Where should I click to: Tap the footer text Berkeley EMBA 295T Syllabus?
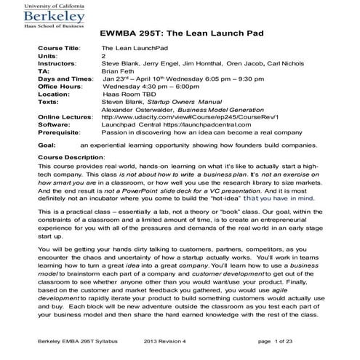pos(73,340)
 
